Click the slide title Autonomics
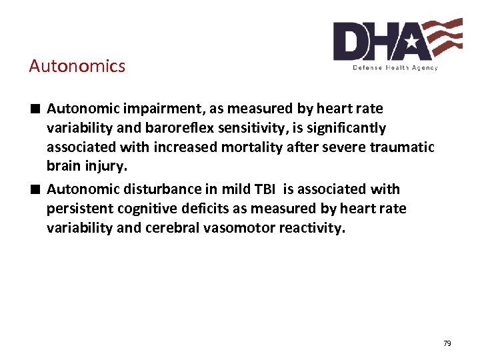point(77,66)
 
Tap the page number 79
point(447,343)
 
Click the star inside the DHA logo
point(411,43)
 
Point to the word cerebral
point(193,228)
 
